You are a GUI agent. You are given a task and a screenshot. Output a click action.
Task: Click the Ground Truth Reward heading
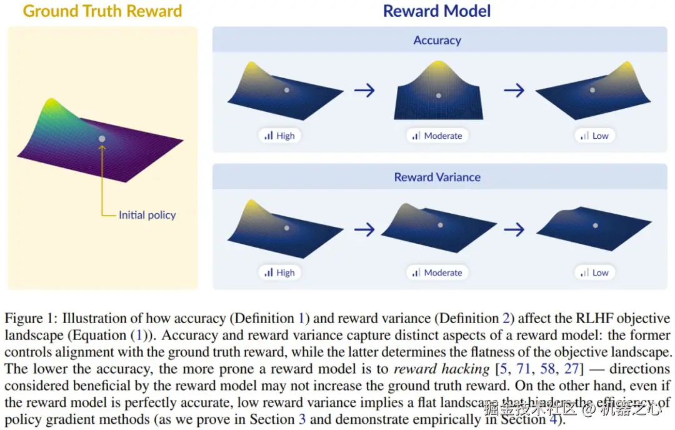pos(102,11)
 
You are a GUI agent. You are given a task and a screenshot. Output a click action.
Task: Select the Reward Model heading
pos(437,11)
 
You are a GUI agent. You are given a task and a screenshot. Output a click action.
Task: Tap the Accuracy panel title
pos(437,41)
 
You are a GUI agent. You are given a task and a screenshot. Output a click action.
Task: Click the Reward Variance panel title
pos(437,177)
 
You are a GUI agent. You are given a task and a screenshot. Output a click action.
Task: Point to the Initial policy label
pos(147,215)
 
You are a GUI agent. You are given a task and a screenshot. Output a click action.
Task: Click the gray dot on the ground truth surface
pos(102,138)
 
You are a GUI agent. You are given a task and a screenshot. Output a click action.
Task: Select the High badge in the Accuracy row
pos(279,136)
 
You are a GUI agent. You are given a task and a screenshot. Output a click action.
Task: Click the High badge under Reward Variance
pos(279,272)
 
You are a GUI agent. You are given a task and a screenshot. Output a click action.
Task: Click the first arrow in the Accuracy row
pos(364,91)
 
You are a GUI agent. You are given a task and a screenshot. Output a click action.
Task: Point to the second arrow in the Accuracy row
pos(514,91)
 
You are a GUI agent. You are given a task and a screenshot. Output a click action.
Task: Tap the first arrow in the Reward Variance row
pos(364,229)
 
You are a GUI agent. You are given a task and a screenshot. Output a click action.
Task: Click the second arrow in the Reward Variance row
pos(514,229)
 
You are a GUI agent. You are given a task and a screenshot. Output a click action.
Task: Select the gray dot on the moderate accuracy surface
pos(438,96)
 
